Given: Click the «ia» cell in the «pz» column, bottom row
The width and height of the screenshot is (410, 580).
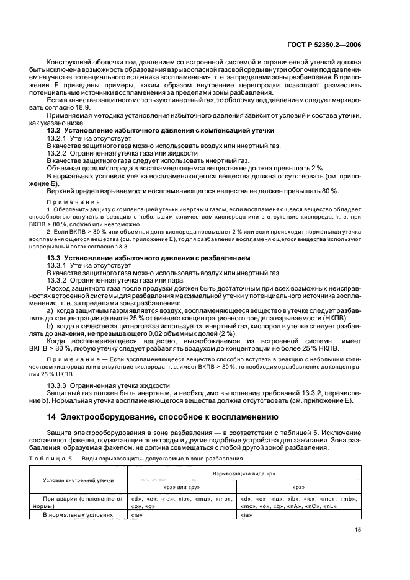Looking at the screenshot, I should (245, 514).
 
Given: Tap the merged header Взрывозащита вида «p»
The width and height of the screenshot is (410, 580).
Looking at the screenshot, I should (244, 473).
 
